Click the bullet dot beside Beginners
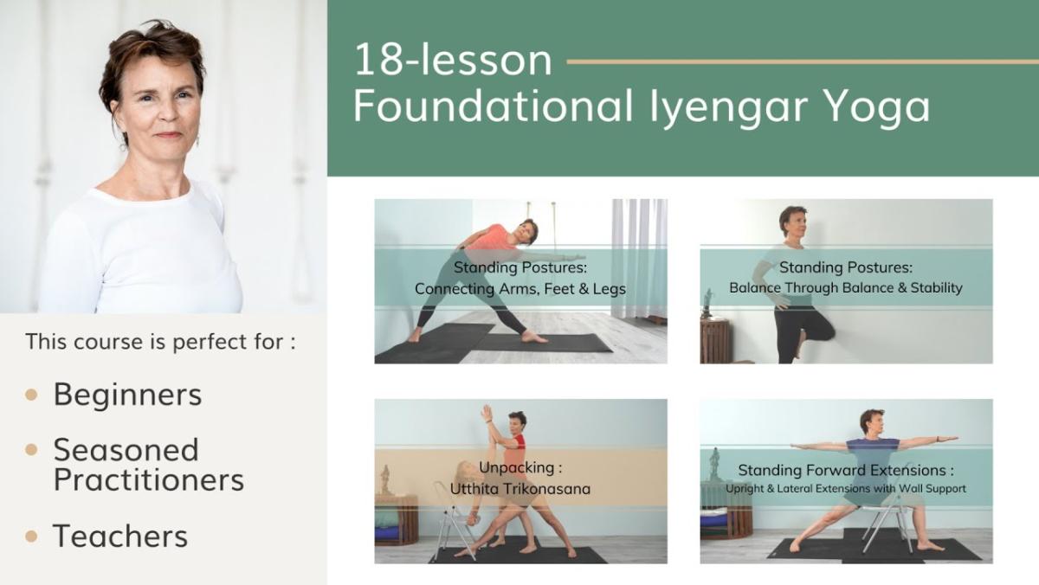(31, 395)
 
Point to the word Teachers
(120, 536)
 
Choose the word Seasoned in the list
(126, 450)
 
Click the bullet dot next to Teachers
(31, 537)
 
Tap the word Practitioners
(149, 479)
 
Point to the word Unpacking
(516, 467)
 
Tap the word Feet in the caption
(560, 289)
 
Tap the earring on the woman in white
(197, 140)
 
